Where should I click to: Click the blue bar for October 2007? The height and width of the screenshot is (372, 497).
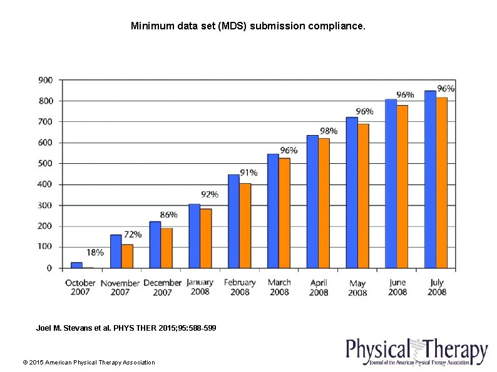[76, 265]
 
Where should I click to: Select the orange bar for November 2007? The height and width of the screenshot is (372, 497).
[127, 256]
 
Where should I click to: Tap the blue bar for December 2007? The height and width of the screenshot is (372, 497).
[155, 244]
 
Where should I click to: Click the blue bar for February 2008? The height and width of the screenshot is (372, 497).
[233, 221]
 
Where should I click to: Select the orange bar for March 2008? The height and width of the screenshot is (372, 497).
[284, 213]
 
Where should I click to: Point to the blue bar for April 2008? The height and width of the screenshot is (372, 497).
[312, 201]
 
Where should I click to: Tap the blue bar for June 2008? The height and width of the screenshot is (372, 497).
[391, 183]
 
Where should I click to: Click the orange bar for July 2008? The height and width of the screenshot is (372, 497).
[441, 183]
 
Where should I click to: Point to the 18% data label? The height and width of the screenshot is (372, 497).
[95, 253]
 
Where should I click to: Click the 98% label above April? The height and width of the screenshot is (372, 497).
[329, 131]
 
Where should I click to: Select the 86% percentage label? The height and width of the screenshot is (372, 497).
[168, 214]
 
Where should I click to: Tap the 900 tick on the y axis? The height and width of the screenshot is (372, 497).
[46, 80]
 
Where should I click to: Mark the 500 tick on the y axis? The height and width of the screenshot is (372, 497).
[46, 164]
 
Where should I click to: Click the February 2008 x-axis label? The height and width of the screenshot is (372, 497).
[240, 287]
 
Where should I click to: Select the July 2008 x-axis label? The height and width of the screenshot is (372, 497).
[437, 287]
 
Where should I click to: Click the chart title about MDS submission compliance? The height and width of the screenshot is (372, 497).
[248, 26]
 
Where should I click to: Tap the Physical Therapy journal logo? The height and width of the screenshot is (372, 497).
[416, 352]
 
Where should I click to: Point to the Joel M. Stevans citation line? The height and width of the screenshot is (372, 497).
[126, 328]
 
